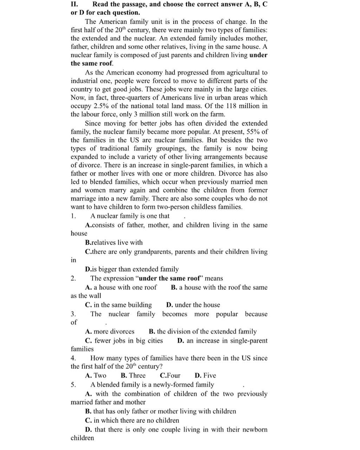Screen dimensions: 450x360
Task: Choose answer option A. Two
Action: pyautogui.click(x=96, y=375)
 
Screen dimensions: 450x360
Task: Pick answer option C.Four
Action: pyautogui.click(x=170, y=375)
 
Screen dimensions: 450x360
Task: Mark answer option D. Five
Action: pyautogui.click(x=205, y=375)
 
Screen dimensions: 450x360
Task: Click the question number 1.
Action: pyautogui.click(x=73, y=216)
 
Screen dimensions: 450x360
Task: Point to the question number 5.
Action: pyautogui.click(x=73, y=385)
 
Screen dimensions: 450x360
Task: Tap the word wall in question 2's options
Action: pyautogui.click(x=95, y=296)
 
